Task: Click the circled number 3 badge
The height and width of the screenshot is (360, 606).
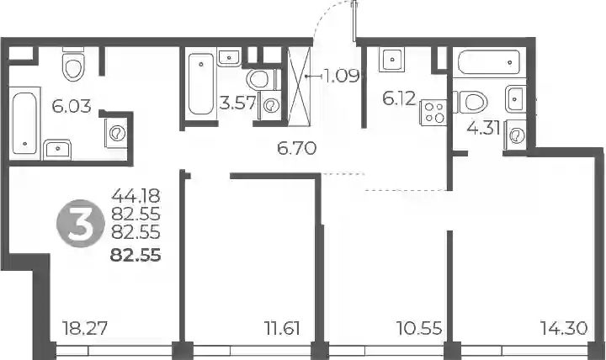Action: pos(81,223)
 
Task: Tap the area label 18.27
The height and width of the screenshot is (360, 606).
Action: pos(85,328)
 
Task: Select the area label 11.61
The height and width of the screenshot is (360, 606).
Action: pos(283,328)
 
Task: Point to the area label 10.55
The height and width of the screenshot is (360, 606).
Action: pos(419,328)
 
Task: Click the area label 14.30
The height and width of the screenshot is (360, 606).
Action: pos(564,328)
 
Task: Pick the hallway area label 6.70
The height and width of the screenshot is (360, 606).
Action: pos(297,148)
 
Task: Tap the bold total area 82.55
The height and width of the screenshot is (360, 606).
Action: pos(136,256)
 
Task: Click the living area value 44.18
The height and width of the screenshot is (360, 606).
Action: pos(136,196)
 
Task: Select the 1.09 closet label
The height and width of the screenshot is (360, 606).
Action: pos(342,76)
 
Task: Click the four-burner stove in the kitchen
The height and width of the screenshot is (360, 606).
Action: pos(433,112)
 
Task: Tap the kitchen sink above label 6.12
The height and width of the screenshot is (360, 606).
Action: pos(392,60)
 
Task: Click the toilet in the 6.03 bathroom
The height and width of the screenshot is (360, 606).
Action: pos(73,65)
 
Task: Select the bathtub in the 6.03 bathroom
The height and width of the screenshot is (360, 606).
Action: pos(24,123)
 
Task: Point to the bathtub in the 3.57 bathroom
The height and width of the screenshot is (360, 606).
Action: pos(201,84)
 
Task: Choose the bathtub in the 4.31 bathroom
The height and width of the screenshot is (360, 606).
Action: pos(487,61)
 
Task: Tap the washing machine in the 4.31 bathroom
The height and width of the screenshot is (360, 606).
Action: pos(515,135)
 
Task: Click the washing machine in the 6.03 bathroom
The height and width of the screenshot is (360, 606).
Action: pos(116,133)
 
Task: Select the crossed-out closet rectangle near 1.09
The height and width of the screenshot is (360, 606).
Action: pos(299,87)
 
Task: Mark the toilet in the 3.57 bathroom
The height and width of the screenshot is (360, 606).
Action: pos(261,80)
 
